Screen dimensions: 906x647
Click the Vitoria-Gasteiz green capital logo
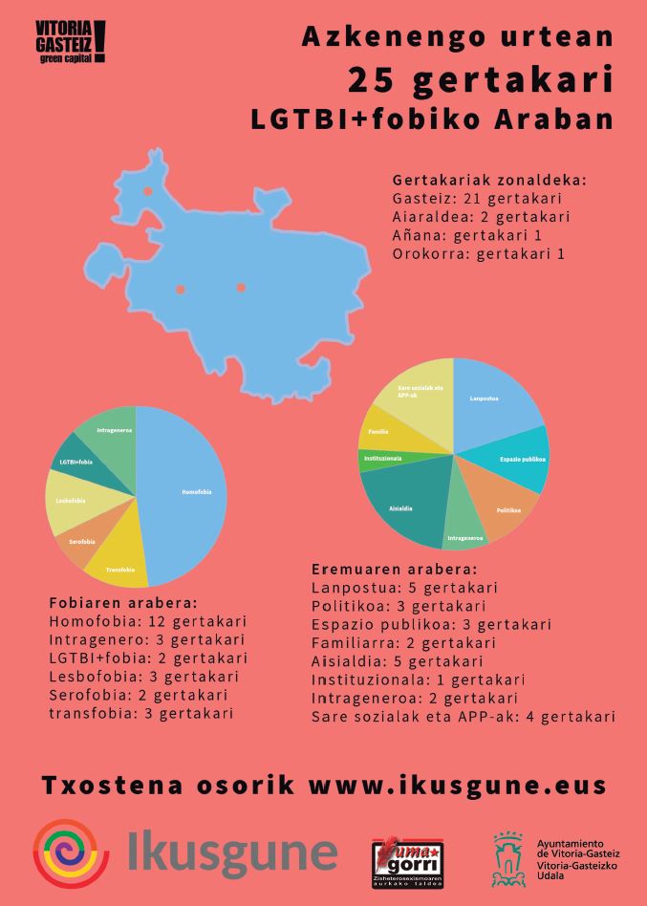click(69, 43)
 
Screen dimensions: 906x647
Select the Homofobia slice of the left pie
click(186, 492)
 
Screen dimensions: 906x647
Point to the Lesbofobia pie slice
click(69, 502)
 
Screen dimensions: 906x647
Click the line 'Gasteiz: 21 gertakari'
click(476, 200)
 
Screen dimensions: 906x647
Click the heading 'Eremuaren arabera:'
click(395, 569)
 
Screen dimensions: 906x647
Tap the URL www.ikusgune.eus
click(458, 786)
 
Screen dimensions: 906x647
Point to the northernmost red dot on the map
click(147, 191)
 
